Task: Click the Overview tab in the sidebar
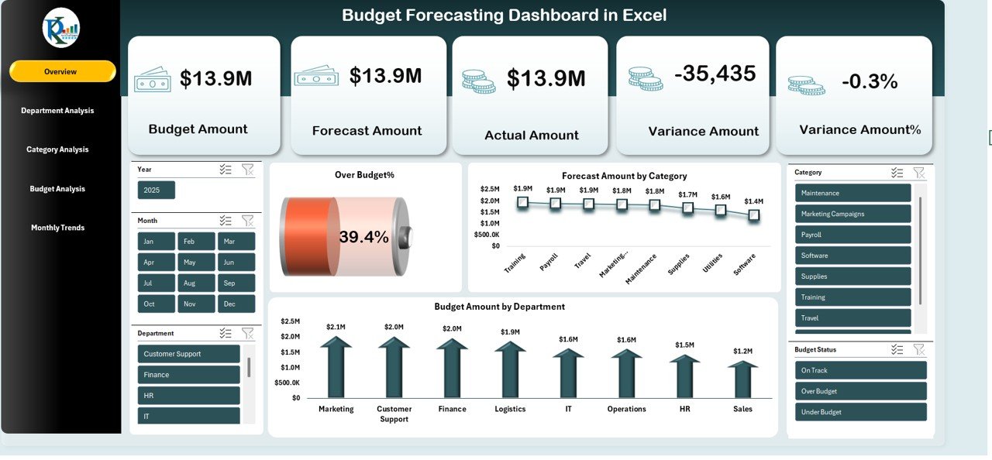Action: pyautogui.click(x=61, y=71)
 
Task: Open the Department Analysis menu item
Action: pyautogui.click(x=57, y=111)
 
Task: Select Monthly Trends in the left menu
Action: pyautogui.click(x=57, y=228)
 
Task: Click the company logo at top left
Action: pyautogui.click(x=60, y=28)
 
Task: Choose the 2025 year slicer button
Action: pyautogui.click(x=156, y=191)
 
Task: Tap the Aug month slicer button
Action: pyautogui.click(x=196, y=283)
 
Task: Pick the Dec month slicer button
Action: pyautogui.click(x=236, y=304)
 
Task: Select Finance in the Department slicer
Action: pyautogui.click(x=188, y=375)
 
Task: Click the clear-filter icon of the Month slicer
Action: pyautogui.click(x=247, y=221)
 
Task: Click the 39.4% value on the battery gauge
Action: pyautogui.click(x=363, y=238)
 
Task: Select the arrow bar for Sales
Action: pyautogui.click(x=742, y=379)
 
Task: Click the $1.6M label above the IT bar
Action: pyautogui.click(x=568, y=339)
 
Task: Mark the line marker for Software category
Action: pyautogui.click(x=753, y=215)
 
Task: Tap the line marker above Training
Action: pyautogui.click(x=522, y=202)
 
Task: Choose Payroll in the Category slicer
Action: pyautogui.click(x=852, y=235)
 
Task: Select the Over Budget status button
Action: pyautogui.click(x=860, y=391)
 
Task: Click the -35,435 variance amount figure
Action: pyautogui.click(x=715, y=74)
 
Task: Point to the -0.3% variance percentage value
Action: pyautogui.click(x=870, y=81)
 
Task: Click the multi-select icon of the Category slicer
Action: pyautogui.click(x=897, y=173)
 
